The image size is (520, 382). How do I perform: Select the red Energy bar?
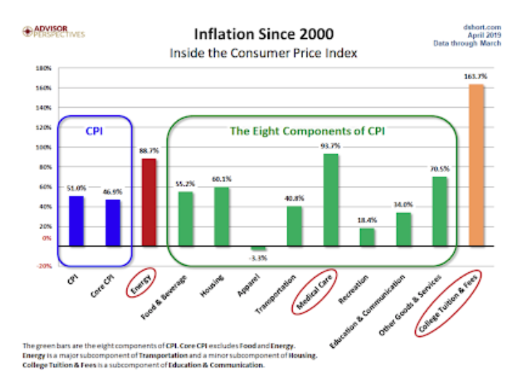149,202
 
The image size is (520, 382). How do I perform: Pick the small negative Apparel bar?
258,249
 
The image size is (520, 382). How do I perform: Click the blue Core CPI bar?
113,223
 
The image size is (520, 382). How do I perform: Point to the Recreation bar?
367,237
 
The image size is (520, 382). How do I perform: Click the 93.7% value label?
331,146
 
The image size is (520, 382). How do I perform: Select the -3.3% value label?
259,258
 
